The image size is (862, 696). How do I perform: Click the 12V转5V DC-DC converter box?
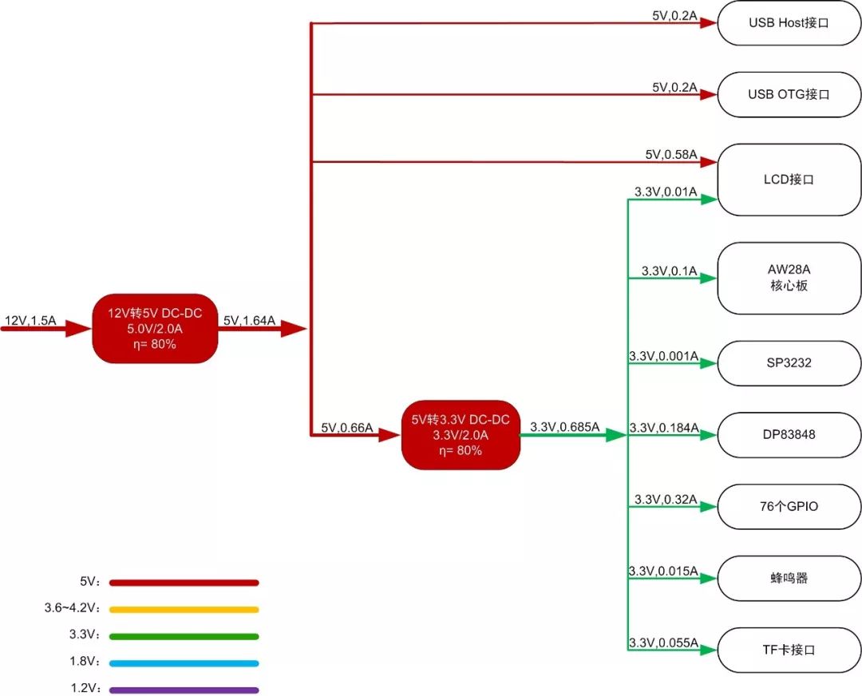click(155, 329)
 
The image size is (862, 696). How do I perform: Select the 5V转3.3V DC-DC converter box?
click(460, 435)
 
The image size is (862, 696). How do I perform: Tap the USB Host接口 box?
click(789, 22)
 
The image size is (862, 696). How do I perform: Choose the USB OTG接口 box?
click(789, 94)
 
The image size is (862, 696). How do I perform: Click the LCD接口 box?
click(789, 180)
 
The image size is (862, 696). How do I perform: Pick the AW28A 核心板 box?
click(789, 278)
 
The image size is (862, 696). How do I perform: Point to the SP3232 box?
click(789, 363)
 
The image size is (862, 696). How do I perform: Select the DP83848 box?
click(789, 435)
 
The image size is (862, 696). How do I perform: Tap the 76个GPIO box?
click(789, 506)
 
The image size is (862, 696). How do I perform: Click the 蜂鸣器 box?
click(789, 578)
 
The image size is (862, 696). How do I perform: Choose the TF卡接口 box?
click(789, 650)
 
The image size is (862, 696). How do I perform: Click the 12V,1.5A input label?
click(30, 321)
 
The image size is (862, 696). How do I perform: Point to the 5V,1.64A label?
click(249, 321)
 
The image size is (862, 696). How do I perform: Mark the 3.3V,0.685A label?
click(564, 428)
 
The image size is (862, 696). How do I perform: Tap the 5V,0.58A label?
click(671, 154)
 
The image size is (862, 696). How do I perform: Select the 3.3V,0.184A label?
click(663, 429)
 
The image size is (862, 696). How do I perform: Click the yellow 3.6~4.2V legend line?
click(184, 609)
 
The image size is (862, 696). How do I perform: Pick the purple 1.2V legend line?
click(184, 690)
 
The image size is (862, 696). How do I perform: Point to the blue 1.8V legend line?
click(184, 662)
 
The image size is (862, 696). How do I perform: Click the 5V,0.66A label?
click(347, 428)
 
